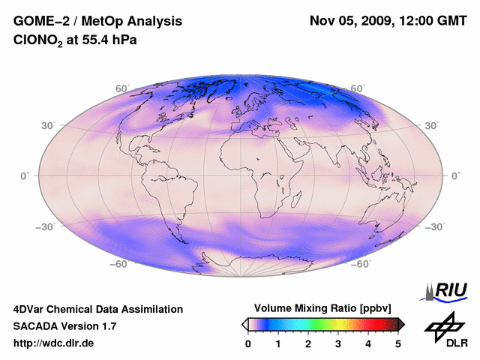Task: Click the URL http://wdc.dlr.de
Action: [x=54, y=343]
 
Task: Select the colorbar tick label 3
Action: [x=338, y=343]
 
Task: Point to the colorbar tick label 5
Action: [x=398, y=343]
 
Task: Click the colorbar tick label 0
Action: [x=248, y=343]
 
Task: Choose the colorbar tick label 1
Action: [x=278, y=343]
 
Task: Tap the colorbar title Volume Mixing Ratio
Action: [x=309, y=308]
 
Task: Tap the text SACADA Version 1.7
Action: [x=65, y=326]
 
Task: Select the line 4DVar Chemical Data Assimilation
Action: [x=98, y=309]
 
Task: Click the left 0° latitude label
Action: [x=24, y=175]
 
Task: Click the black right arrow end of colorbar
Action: [x=402, y=324]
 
